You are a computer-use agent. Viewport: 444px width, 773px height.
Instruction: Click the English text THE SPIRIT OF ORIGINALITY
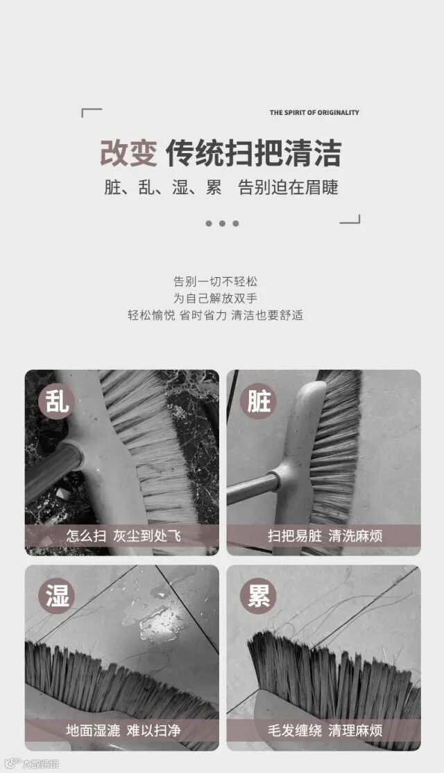pos(314,112)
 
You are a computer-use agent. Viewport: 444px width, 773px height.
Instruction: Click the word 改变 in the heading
pos(128,153)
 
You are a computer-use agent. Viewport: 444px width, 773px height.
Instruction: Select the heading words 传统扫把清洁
pos(253,153)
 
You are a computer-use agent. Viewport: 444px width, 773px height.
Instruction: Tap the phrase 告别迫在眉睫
pos(289,187)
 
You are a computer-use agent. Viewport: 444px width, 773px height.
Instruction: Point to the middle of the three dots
pos(222,223)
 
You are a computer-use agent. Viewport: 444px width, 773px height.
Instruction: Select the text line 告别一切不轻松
pos(215,281)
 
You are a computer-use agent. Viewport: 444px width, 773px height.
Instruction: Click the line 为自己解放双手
pos(215,299)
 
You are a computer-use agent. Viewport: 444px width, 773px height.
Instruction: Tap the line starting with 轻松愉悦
pos(215,315)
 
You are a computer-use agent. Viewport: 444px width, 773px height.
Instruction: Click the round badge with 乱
pos(56,401)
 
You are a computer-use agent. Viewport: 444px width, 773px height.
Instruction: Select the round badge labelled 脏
pos(258,401)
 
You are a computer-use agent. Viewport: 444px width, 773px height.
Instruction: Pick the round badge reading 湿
pos(56,596)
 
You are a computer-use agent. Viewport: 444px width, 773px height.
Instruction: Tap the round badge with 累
pos(258,596)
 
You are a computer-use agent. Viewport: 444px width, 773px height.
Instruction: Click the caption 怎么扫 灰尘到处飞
pos(123,535)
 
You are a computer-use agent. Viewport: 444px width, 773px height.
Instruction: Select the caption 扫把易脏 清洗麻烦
pos(325,535)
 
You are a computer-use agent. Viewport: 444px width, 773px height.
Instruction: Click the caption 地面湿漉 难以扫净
pos(123,730)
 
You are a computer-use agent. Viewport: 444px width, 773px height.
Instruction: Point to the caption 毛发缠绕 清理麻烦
pos(325,730)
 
